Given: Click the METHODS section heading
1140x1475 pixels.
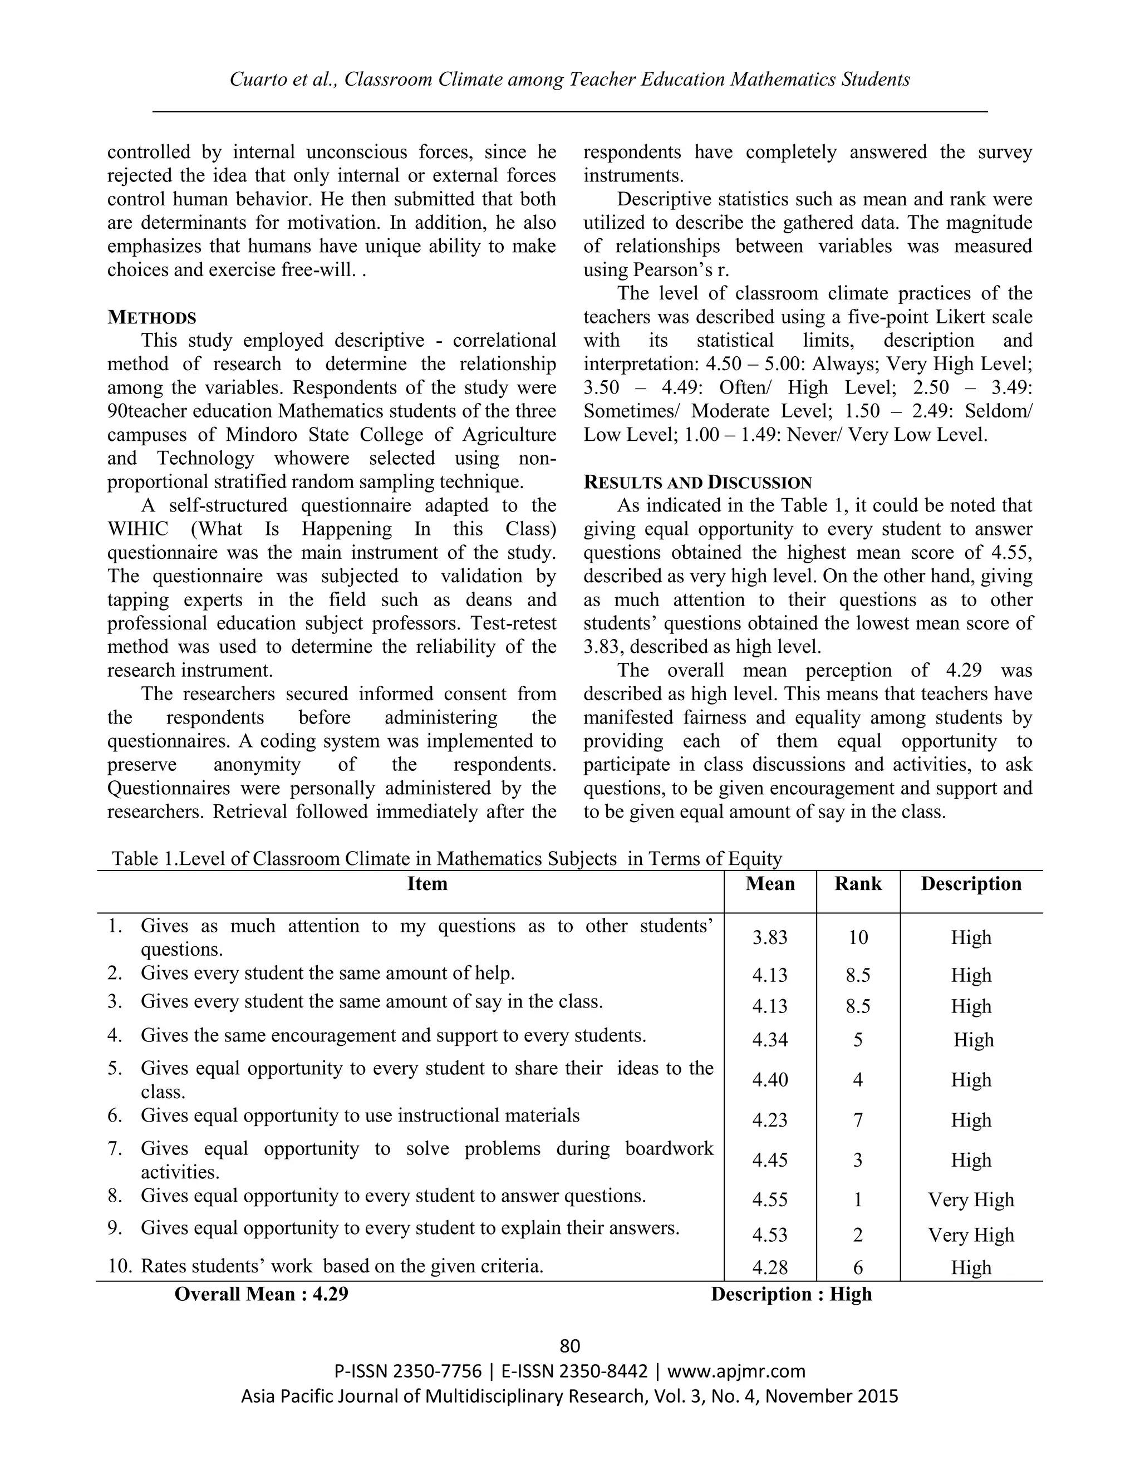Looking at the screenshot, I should pyautogui.click(x=152, y=317).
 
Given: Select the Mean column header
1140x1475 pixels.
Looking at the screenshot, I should pyautogui.click(x=770, y=884).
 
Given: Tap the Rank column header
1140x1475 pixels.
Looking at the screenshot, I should pyautogui.click(x=858, y=884).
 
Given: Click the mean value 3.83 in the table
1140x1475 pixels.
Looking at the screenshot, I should pyautogui.click(x=770, y=937).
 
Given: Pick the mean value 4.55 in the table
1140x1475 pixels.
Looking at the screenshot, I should pyautogui.click(x=770, y=1199).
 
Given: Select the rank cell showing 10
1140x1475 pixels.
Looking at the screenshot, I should pyautogui.click(x=858, y=937).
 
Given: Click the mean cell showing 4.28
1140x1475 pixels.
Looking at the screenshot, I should pyautogui.click(x=770, y=1267).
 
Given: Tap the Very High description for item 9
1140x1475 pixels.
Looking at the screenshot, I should pyautogui.click(x=970, y=1235).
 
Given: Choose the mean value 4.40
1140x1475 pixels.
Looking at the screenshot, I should pyautogui.click(x=770, y=1079).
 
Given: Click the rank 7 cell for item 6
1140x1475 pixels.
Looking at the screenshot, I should pyautogui.click(x=858, y=1120).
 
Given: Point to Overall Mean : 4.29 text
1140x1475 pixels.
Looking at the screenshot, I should pyautogui.click(x=262, y=1294).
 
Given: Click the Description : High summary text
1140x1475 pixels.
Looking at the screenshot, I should pyautogui.click(x=791, y=1294).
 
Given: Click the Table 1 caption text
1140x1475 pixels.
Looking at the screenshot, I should pyautogui.click(x=446, y=858).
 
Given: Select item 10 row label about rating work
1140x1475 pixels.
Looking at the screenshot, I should pyautogui.click(x=342, y=1266).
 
